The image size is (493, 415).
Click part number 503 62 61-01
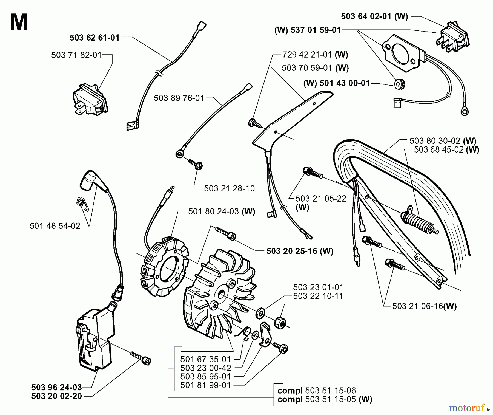(x=95, y=38)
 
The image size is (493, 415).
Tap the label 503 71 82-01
(x=76, y=55)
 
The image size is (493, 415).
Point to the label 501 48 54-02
(x=55, y=226)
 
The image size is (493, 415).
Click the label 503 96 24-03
(x=57, y=387)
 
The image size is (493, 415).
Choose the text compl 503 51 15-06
(x=317, y=390)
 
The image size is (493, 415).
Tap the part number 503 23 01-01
(x=318, y=287)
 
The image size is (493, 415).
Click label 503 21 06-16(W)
(x=425, y=306)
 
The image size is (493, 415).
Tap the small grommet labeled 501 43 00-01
(x=400, y=84)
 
